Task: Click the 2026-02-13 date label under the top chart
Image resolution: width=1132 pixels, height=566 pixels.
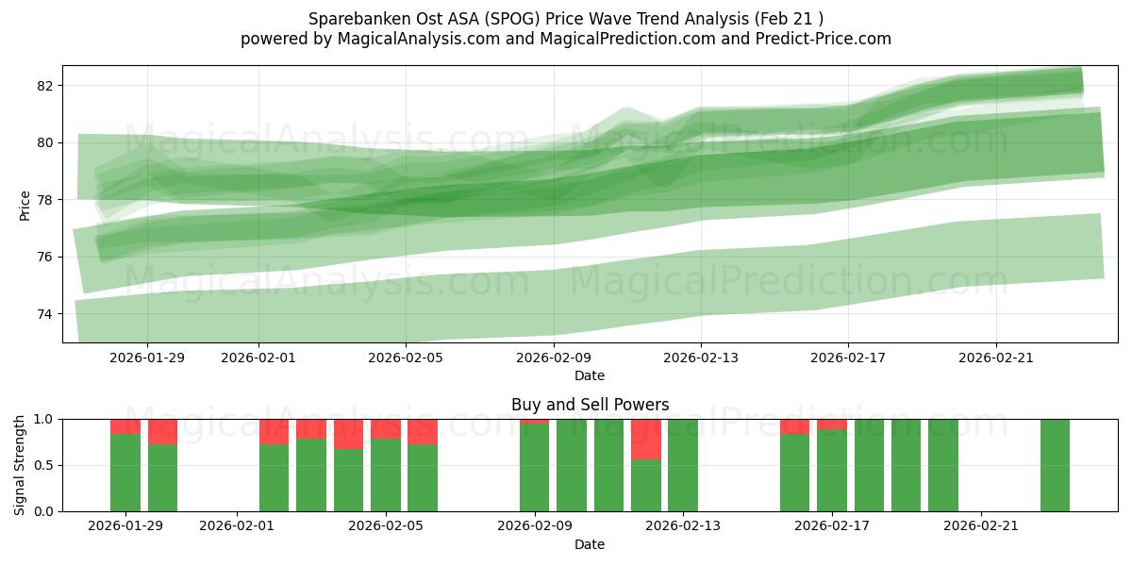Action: (701, 358)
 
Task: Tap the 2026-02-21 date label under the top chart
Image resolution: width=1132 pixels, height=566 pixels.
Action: (996, 358)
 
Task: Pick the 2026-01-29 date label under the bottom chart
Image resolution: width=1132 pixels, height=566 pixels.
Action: (125, 526)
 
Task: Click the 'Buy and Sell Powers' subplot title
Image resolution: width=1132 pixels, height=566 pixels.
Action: (590, 405)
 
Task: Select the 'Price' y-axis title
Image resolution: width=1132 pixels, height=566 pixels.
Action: (25, 205)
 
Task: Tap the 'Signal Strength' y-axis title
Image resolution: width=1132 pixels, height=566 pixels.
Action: (20, 465)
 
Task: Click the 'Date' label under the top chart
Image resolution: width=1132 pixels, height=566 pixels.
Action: (590, 375)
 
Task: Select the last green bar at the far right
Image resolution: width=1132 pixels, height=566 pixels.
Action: (1055, 465)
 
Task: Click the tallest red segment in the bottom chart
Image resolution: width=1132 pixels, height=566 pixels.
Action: (646, 440)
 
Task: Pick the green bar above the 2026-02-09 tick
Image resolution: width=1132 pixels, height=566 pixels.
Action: (535, 468)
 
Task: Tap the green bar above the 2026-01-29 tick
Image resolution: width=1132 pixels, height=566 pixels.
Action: (125, 473)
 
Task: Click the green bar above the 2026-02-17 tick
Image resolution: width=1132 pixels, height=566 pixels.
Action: (832, 471)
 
